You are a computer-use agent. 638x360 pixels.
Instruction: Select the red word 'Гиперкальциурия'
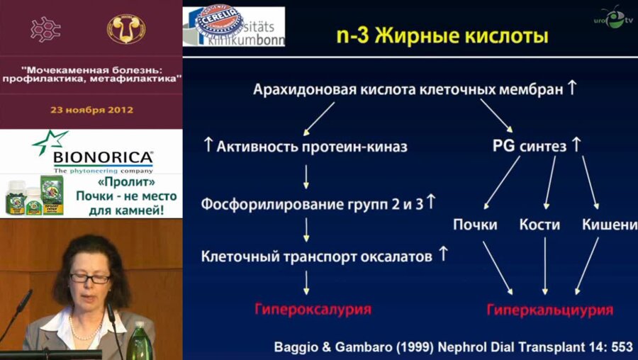[x=549, y=310]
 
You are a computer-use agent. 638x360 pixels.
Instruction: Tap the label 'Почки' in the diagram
[x=476, y=225]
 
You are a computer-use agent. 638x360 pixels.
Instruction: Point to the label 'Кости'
[x=539, y=225]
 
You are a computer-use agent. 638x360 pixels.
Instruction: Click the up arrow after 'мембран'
[x=573, y=89]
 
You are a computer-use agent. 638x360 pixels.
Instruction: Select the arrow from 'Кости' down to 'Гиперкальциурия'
[x=544, y=265]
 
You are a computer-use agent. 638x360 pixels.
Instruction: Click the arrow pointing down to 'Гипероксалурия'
[x=307, y=283]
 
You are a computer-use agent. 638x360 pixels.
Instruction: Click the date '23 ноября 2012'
[x=91, y=110]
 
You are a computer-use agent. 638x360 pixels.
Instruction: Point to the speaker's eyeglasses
[x=90, y=279]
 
